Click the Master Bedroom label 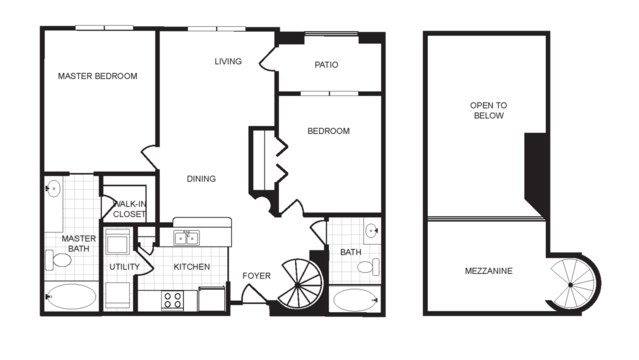pos(97,76)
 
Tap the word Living pos(228,62)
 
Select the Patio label pos(326,65)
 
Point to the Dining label pos(201,179)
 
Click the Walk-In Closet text pos(129,209)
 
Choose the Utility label pos(125,267)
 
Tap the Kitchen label pos(191,267)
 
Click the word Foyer pos(256,275)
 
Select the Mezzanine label pos(489,271)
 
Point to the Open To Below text pos(488,110)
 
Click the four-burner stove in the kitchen pos(173,299)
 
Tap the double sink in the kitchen pos(186,238)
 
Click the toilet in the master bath pos(59,261)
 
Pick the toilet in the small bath pos(368,266)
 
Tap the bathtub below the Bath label pos(353,300)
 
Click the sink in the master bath pos(54,188)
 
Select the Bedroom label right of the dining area pos(327,132)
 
